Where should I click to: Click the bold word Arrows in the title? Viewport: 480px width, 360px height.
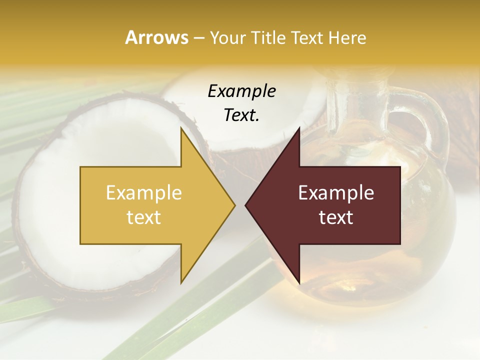156,37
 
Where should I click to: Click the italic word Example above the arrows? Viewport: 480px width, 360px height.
241,91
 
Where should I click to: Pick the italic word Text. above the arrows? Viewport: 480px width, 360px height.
241,115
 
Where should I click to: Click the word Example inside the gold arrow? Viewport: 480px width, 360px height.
144,193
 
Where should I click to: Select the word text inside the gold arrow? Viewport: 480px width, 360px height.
144,217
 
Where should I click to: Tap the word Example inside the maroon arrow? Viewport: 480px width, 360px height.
336,193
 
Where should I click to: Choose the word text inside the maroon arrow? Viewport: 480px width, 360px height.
336,217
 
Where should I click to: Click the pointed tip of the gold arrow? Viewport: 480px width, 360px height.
234,205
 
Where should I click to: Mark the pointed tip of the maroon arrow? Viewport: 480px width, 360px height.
246,205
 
